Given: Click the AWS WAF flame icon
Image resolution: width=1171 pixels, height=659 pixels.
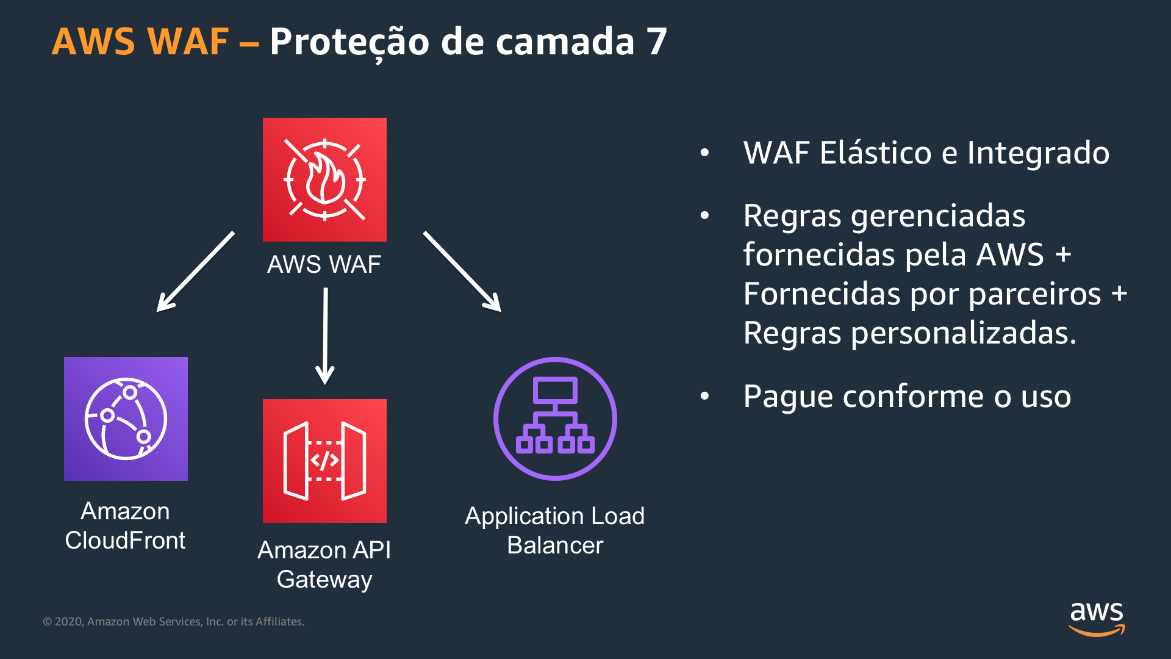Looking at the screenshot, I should click(324, 179).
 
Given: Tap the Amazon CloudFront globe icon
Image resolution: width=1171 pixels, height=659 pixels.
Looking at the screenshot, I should click(126, 419).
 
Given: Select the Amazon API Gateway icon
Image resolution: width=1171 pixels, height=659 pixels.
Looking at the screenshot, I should click(324, 461).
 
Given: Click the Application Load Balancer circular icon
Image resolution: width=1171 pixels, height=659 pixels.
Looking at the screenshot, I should click(555, 419).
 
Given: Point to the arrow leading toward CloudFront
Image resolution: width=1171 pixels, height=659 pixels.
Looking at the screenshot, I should click(195, 272).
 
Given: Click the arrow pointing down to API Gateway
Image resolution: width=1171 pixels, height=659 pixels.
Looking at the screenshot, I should click(325, 336).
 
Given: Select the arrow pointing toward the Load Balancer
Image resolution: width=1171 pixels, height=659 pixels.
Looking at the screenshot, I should click(462, 272).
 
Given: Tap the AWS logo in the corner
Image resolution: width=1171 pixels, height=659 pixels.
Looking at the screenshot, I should click(1097, 618).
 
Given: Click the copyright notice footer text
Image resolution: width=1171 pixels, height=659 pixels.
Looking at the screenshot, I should click(173, 621).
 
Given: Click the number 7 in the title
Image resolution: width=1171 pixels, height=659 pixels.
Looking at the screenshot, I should click(656, 41).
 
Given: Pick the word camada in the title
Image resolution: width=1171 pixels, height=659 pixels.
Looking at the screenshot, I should click(565, 41).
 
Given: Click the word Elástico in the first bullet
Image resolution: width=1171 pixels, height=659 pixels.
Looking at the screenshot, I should click(875, 153).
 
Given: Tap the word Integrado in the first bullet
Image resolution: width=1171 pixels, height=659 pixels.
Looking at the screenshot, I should click(1038, 153).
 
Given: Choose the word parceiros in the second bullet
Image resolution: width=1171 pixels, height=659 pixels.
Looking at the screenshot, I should click(1034, 294).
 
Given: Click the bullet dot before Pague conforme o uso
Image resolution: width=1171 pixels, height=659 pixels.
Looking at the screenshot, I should click(705, 397).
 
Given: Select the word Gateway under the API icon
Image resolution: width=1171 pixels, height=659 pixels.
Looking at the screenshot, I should click(324, 579).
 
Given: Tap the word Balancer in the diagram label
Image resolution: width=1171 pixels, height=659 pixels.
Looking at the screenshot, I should click(555, 545).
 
